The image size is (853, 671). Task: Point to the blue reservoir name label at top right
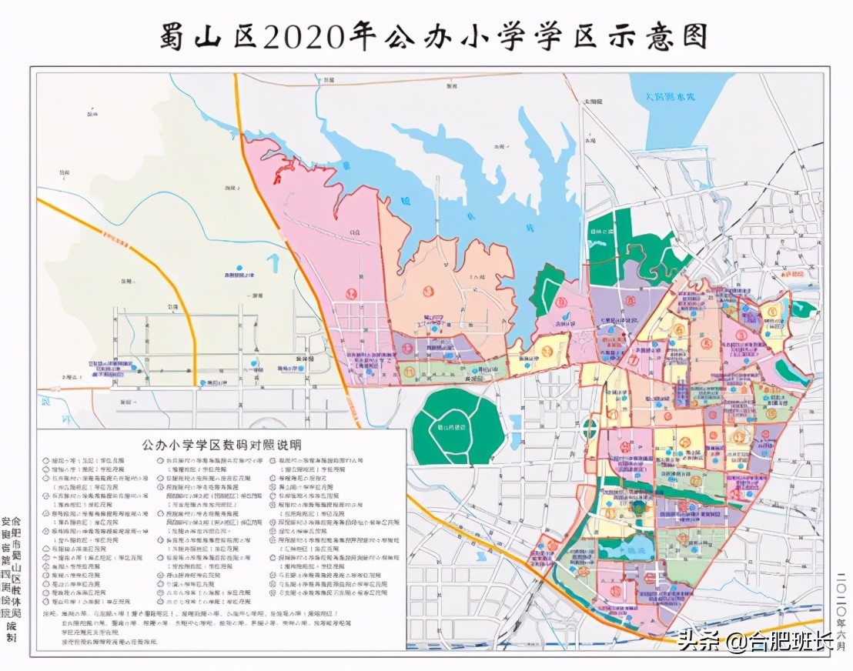coord(669,97)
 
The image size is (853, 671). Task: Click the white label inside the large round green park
coord(458,428)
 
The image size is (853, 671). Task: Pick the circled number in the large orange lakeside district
coord(428,292)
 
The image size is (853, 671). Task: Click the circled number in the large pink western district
coord(352,292)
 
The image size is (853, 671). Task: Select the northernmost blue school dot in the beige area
coord(239,269)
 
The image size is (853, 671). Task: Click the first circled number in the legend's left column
coord(45,459)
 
